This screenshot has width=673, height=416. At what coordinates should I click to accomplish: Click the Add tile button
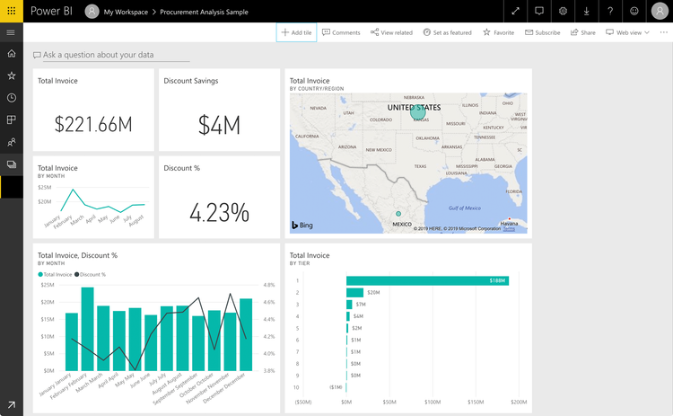[x=296, y=32]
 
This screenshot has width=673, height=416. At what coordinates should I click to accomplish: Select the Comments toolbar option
[x=341, y=32]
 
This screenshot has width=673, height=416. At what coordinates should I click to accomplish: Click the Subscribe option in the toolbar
[x=541, y=32]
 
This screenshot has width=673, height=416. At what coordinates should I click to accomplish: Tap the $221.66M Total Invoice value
[x=93, y=124]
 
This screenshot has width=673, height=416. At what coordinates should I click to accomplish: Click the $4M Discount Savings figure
[x=219, y=124]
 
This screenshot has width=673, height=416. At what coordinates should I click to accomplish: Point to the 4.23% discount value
[x=219, y=212]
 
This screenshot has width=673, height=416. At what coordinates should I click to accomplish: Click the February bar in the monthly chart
[x=88, y=329]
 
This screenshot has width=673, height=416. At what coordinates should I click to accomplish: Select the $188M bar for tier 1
[x=427, y=280]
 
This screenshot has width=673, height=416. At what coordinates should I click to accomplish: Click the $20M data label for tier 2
[x=372, y=293]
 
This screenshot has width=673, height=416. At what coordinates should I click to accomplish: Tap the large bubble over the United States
[x=418, y=112]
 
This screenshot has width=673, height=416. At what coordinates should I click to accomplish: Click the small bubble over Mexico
[x=398, y=214]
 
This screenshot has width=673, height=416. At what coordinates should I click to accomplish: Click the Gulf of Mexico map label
[x=466, y=208]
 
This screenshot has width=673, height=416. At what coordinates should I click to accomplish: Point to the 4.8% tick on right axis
[x=269, y=285]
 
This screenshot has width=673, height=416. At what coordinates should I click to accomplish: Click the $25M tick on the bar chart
[x=49, y=285]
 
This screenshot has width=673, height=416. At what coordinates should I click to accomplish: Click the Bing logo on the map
[x=301, y=225]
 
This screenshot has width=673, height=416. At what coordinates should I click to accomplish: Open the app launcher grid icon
[x=11, y=11]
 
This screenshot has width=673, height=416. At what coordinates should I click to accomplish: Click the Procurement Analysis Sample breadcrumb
[x=204, y=12]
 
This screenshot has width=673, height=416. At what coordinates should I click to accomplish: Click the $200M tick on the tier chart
[x=519, y=403]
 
